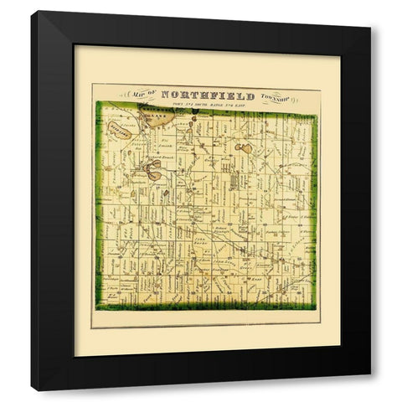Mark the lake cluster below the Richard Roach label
[x=153, y=171]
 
